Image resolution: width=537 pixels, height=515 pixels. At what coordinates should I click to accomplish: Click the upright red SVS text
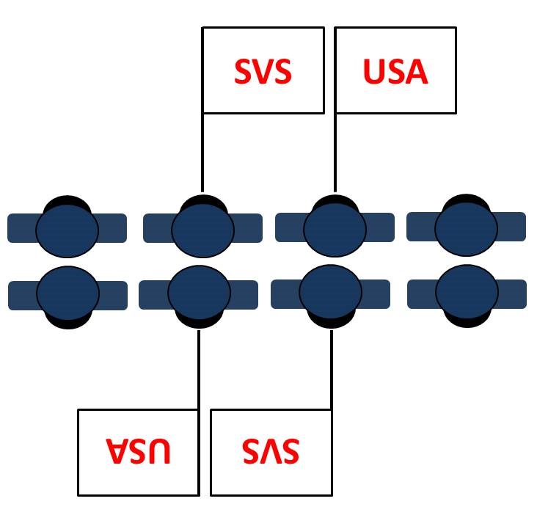[x=263, y=72]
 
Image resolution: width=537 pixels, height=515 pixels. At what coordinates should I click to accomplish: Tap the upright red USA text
[x=395, y=72]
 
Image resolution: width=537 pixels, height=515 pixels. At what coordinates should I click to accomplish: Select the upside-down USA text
[x=139, y=450]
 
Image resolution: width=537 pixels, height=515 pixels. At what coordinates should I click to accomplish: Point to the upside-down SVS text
[x=271, y=451]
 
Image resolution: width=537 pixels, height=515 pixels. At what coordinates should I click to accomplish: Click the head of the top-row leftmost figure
[x=67, y=230]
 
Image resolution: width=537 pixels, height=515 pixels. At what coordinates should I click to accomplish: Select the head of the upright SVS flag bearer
[x=202, y=230]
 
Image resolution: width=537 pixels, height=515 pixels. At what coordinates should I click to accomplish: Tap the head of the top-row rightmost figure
[x=466, y=228]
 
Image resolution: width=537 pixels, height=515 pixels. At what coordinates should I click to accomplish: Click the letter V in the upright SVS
[x=263, y=72]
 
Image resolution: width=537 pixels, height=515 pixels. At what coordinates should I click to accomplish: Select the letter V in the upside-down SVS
[x=271, y=451]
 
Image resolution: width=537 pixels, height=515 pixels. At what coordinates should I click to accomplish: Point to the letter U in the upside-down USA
[x=159, y=450]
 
